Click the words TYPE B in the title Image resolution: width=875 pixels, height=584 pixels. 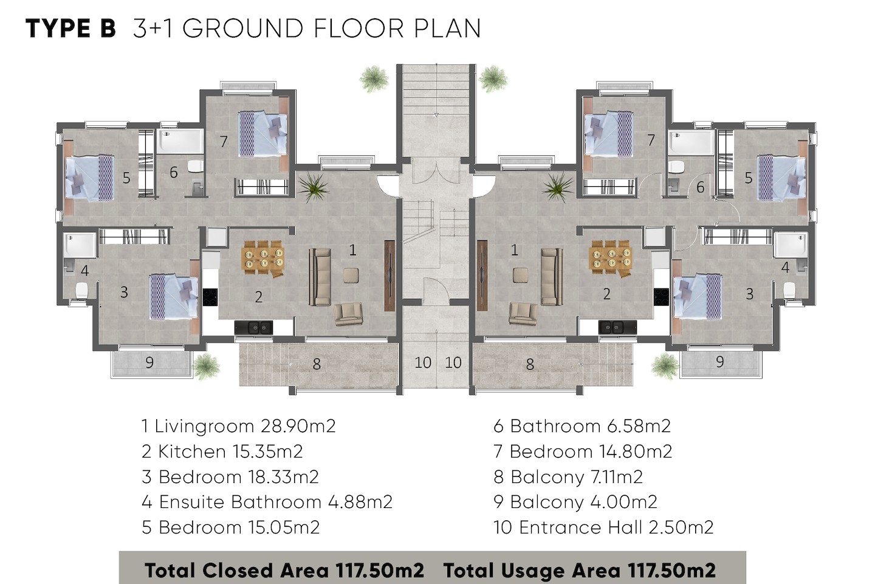click(70, 29)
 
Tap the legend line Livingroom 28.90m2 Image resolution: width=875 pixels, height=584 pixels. click(238, 426)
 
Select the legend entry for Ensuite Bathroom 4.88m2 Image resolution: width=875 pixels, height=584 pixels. click(267, 502)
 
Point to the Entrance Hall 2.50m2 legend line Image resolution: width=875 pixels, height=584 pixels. click(603, 527)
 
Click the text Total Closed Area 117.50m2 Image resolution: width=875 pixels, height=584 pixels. click(284, 570)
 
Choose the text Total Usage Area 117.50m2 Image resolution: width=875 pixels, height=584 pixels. click(579, 570)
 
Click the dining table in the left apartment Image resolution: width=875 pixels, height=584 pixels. click(264, 258)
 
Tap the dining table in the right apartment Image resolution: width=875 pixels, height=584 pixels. click(610, 258)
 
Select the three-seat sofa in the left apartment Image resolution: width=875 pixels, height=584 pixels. click(320, 277)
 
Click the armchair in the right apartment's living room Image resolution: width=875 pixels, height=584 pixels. click(523, 313)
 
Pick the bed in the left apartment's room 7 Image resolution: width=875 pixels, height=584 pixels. click(263, 134)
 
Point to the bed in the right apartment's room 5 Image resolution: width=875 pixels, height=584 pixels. click(781, 178)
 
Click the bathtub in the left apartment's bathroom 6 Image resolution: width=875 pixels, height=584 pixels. click(180, 141)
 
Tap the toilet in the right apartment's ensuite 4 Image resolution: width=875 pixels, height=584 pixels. click(789, 290)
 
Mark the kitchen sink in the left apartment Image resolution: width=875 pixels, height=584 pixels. click(254, 327)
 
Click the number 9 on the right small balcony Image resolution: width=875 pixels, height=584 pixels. click(719, 362)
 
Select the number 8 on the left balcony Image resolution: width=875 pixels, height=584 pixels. click(317, 364)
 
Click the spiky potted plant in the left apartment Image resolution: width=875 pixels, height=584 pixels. click(313, 187)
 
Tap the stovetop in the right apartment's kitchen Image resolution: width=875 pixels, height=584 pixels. click(661, 297)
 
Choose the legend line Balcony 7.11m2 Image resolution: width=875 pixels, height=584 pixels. click(568, 477)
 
